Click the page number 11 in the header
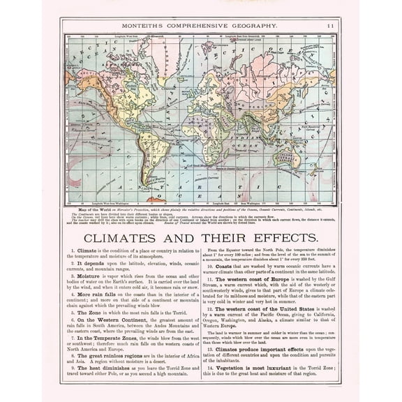tap(330, 25)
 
